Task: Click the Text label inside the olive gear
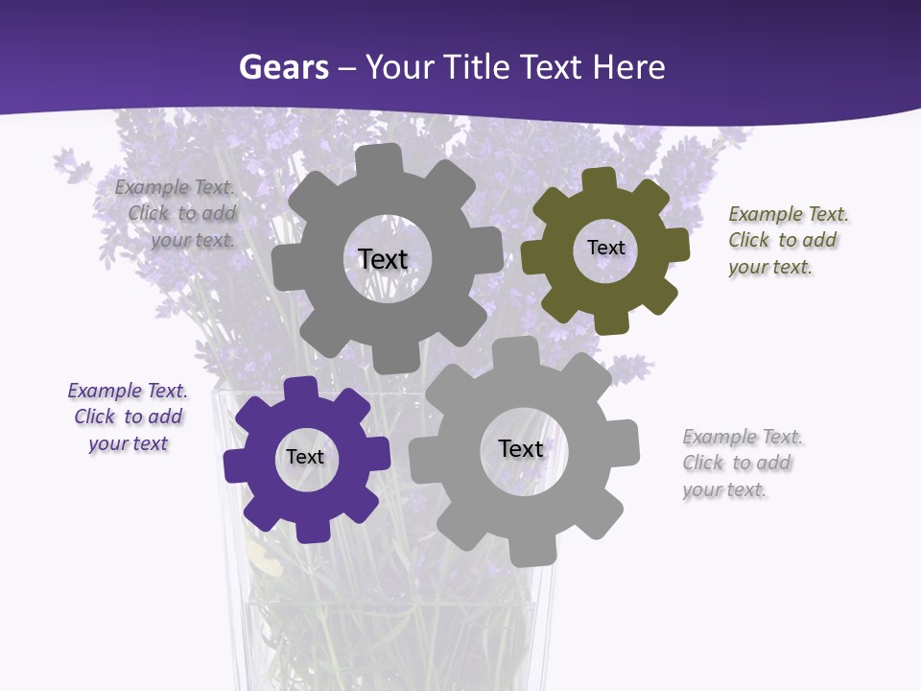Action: tap(605, 248)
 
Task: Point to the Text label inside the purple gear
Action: tap(305, 457)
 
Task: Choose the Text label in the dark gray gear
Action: tap(383, 259)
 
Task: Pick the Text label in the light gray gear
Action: tap(521, 448)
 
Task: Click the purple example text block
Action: tap(128, 417)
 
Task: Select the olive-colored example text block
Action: tap(788, 241)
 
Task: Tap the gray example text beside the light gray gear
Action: tap(742, 464)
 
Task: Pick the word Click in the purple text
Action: tap(95, 417)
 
